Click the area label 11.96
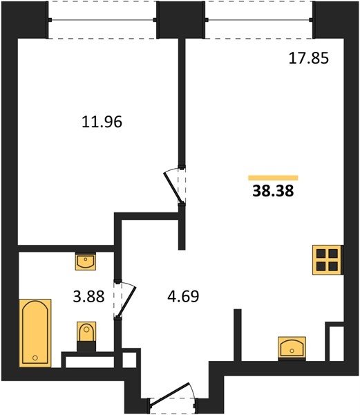point(102,122)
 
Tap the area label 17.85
point(308,58)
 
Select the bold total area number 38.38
point(273,191)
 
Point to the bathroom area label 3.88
point(88,297)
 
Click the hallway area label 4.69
point(183,297)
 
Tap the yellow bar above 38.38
point(273,178)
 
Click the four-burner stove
point(328,260)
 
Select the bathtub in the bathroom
point(35,333)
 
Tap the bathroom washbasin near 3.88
point(86,261)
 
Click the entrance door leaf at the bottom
point(170,394)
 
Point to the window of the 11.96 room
point(102,20)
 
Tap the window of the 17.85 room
point(258,20)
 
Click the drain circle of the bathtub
point(35,358)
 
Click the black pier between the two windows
point(181,20)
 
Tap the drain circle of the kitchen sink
point(292,351)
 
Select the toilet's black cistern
point(86,347)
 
